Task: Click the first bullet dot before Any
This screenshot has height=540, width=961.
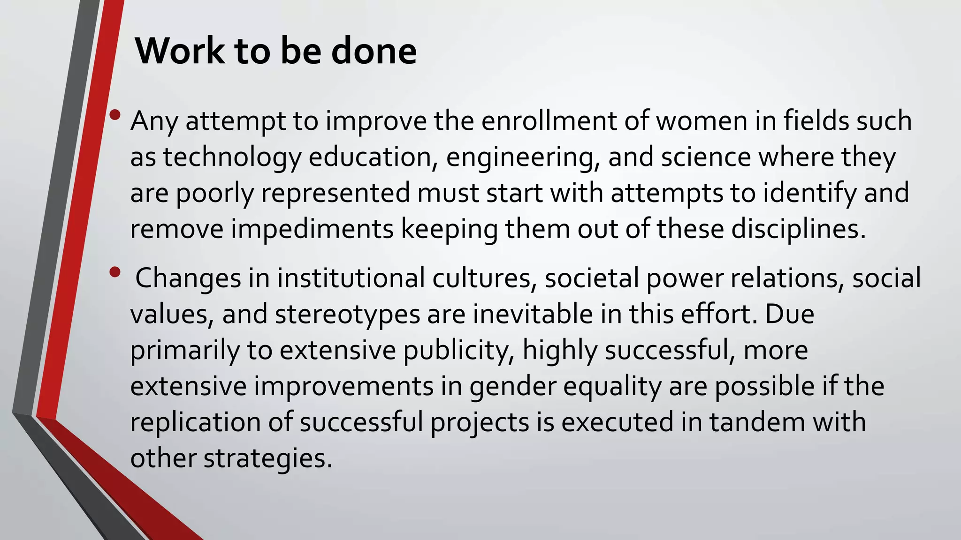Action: coord(115,115)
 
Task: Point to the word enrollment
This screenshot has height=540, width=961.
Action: coord(549,121)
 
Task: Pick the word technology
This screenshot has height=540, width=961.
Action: coord(232,157)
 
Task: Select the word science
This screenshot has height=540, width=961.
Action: coord(706,157)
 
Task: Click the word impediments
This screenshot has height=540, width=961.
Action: coord(312,229)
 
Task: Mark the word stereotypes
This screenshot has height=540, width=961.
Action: coord(347,315)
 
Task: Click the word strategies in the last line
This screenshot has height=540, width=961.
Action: coord(268,458)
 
